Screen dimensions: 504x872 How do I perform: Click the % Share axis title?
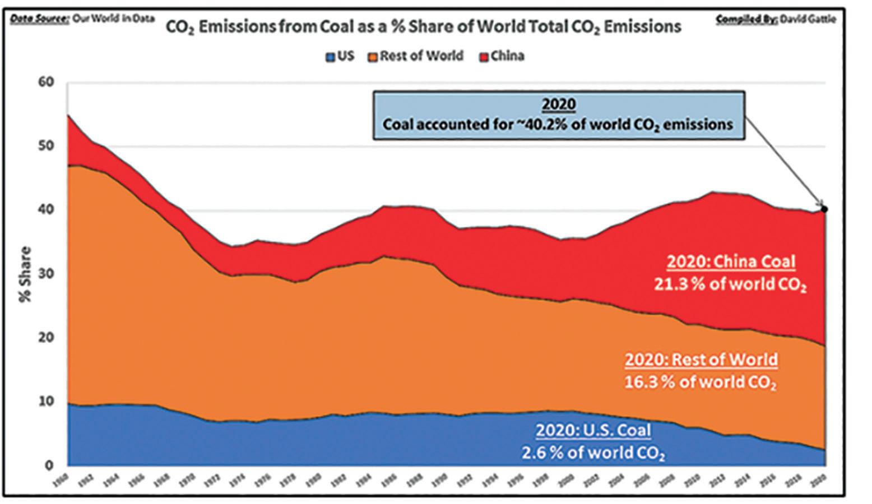point(25,274)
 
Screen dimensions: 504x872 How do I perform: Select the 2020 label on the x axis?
point(821,479)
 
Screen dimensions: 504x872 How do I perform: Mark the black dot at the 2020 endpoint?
point(824,209)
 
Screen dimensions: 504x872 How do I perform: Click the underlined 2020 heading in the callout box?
point(558,105)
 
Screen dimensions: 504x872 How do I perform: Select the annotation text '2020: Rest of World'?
point(701,359)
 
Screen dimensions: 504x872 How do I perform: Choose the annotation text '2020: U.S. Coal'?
point(593,430)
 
